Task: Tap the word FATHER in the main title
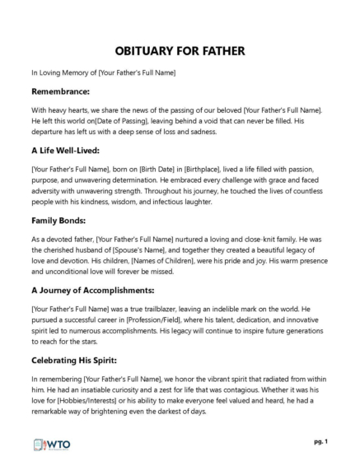tap(220, 51)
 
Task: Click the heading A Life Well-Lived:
tap(68, 151)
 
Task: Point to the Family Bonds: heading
tap(62, 221)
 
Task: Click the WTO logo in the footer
tap(52, 444)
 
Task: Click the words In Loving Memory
tap(63, 73)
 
